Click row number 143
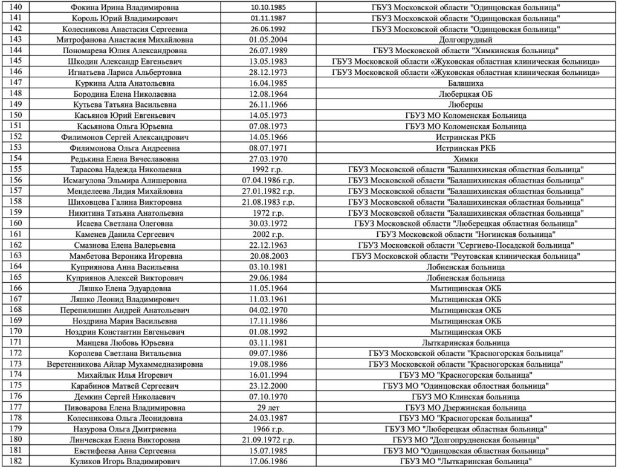click(x=17, y=39)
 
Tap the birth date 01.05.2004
click(x=268, y=39)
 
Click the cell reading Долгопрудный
click(x=465, y=39)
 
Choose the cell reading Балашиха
click(x=465, y=82)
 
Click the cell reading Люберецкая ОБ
click(x=465, y=94)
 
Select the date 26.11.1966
click(x=268, y=105)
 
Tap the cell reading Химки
click(x=465, y=159)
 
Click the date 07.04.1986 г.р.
click(x=268, y=180)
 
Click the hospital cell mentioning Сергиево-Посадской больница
click(x=465, y=245)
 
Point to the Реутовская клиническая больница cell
click(x=465, y=256)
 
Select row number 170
click(x=17, y=332)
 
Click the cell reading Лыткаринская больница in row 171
click(x=465, y=343)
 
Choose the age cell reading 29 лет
click(x=268, y=408)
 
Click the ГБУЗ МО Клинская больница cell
click(x=465, y=397)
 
